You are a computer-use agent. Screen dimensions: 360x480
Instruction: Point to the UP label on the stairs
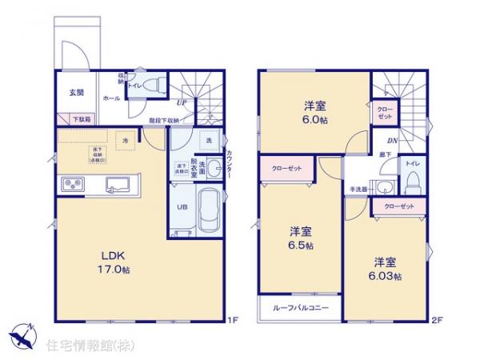click(182, 102)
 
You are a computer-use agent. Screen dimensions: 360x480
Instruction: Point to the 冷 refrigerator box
click(125, 141)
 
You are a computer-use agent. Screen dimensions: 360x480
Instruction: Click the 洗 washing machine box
click(208, 141)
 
